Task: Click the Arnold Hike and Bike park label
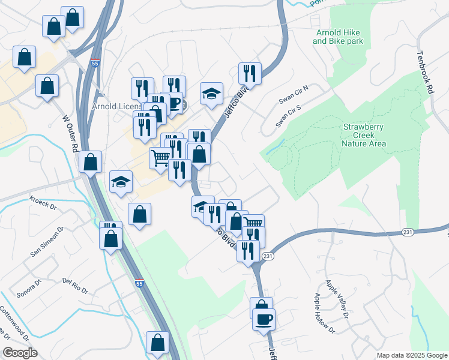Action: [337, 37]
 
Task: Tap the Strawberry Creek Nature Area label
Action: [363, 135]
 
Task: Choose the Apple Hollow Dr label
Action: [324, 312]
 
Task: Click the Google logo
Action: [19, 353]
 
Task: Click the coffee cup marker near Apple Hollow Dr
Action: [264, 319]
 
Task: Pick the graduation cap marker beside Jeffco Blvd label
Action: [211, 93]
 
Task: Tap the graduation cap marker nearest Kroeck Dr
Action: [121, 181]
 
